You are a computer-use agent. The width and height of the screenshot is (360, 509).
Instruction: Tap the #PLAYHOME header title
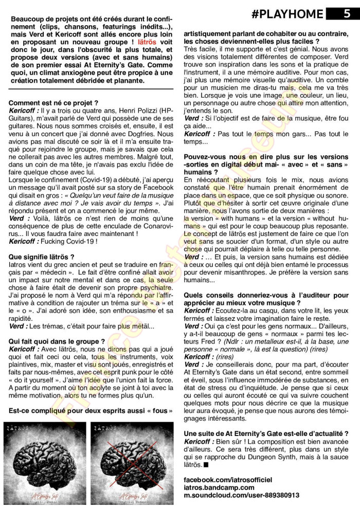click(x=288, y=14)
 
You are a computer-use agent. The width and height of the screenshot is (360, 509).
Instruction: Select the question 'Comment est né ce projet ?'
click(x=53, y=103)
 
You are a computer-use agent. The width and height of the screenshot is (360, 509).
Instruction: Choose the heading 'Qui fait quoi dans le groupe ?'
click(x=57, y=340)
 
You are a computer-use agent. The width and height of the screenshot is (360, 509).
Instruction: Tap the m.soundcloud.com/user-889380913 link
click(x=241, y=495)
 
